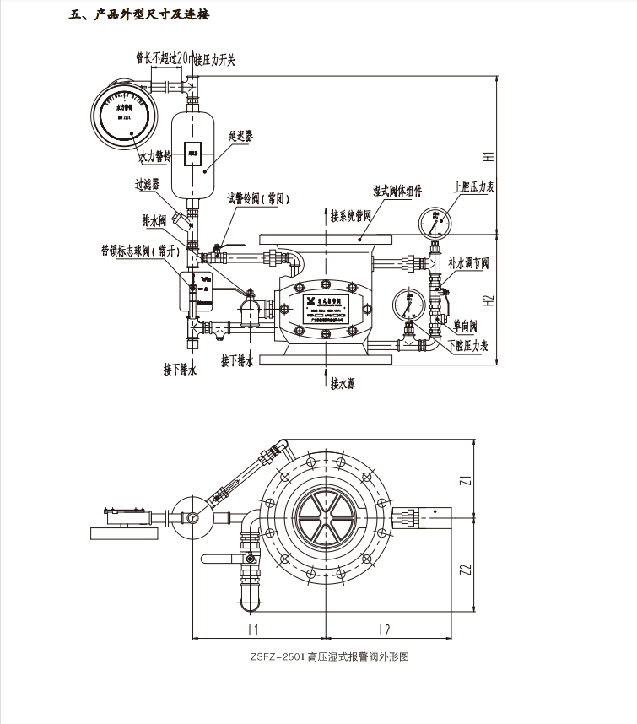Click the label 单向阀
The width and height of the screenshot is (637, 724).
coord(465,325)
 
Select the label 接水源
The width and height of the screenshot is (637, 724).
coord(342,384)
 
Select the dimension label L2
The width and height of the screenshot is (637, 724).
coord(383,629)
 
